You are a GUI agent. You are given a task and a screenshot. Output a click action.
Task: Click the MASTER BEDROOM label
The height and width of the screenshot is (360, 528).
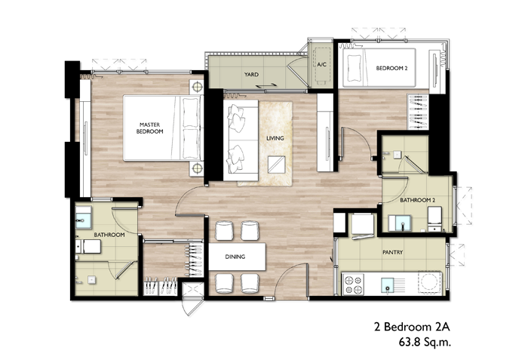click(149, 128)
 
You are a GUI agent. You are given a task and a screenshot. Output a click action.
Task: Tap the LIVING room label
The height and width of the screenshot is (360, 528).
click(275, 138)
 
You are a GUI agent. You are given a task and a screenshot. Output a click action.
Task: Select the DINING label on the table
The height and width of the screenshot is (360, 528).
click(235, 257)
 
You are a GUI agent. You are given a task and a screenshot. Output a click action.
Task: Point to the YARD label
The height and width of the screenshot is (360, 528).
click(251, 75)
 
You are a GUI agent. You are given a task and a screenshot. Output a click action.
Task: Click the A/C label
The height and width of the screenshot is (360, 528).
click(321, 64)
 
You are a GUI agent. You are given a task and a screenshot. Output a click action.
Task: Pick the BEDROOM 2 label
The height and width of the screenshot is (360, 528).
click(391, 68)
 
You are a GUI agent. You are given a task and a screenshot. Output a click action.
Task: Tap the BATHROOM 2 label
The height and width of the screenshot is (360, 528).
click(418, 200)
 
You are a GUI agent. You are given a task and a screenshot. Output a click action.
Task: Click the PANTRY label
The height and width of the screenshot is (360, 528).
click(393, 252)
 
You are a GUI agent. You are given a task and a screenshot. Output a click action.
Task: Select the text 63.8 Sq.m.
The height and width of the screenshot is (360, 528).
click(425, 343)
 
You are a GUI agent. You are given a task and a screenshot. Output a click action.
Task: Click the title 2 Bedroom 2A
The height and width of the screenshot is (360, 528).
click(412, 327)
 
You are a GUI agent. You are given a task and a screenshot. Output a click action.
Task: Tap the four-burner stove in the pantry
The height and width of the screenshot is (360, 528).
click(353, 285)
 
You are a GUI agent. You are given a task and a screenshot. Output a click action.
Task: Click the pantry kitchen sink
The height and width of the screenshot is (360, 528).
click(388, 285)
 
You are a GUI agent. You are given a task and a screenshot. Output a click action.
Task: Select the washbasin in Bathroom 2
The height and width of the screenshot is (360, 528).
click(403, 223)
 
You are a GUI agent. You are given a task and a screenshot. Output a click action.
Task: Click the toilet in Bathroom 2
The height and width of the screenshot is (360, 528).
click(434, 219)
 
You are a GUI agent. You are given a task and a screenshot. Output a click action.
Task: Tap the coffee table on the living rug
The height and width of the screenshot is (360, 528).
click(276, 165)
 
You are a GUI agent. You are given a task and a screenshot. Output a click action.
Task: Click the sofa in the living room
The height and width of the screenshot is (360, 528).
click(241, 140)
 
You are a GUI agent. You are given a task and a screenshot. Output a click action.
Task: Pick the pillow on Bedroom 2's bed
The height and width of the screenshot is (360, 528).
click(354, 68)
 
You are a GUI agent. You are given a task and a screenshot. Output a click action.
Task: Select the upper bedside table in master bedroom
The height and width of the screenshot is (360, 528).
click(197, 88)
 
